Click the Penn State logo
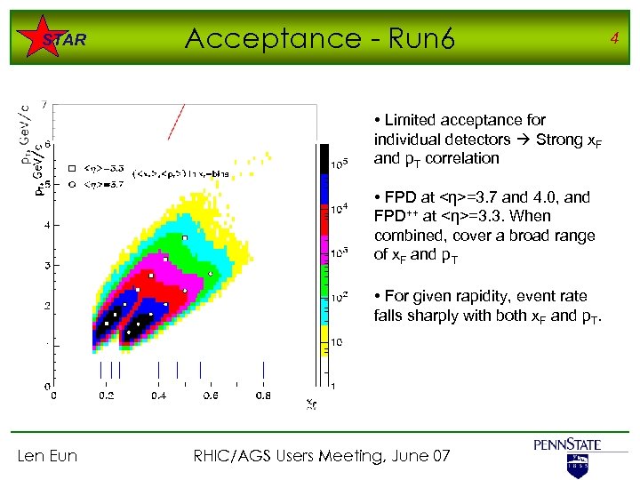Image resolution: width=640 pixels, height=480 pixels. coord(567,453)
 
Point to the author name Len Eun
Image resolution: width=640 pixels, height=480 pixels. coord(47,456)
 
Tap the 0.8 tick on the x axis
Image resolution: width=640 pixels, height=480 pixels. coord(263,396)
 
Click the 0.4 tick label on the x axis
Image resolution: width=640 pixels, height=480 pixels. coord(158,396)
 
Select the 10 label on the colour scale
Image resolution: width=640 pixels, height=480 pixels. coord(338,341)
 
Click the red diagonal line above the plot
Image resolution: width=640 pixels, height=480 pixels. coord(176,122)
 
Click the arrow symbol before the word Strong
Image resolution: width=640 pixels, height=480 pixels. coord(523,140)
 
